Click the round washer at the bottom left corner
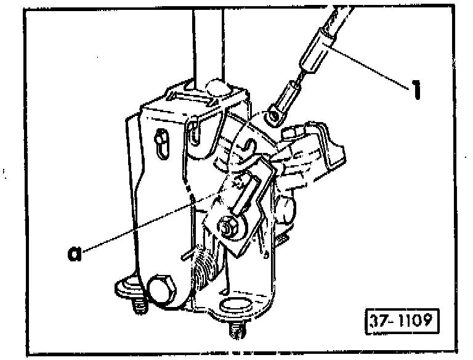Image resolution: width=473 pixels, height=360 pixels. point(128,287)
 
